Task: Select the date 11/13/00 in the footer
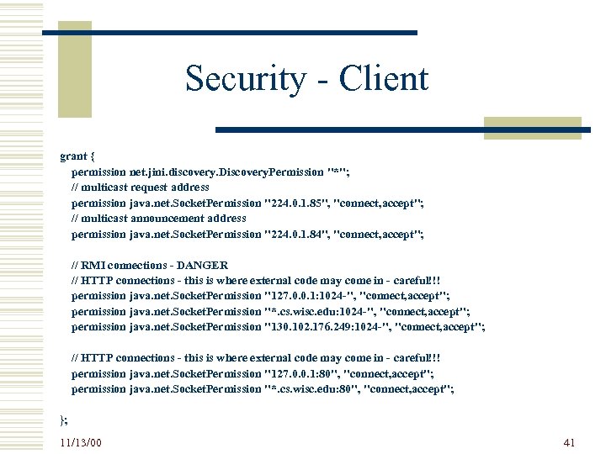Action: click(81, 441)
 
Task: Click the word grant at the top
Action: click(74, 156)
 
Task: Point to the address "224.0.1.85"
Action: click(296, 203)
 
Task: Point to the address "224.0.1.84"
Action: click(296, 234)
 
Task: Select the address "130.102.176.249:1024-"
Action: click(327, 326)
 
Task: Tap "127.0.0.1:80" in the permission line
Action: click(302, 373)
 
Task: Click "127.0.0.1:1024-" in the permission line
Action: click(309, 296)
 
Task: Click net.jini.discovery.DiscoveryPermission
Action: click(226, 172)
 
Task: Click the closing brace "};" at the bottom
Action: click(64, 419)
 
